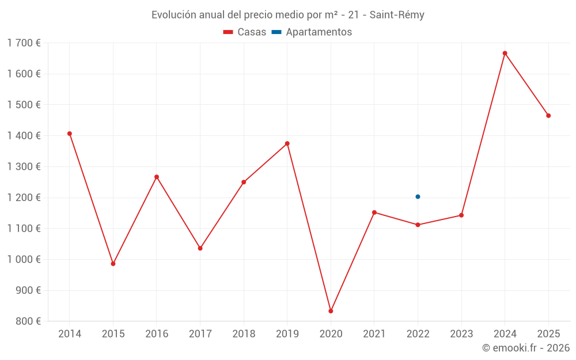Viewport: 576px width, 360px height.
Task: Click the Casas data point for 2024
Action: click(x=505, y=53)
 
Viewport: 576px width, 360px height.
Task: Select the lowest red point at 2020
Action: click(x=331, y=311)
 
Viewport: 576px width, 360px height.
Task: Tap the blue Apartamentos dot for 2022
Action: click(x=418, y=196)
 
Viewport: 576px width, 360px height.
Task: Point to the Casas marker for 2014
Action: click(x=70, y=134)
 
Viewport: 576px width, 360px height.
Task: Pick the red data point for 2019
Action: click(x=287, y=143)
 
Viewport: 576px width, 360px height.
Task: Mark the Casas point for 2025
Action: click(x=548, y=116)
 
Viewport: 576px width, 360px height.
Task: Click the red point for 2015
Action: click(x=113, y=264)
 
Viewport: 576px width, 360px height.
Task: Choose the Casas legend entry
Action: click(x=245, y=32)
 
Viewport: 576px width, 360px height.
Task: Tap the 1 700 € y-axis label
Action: click(x=24, y=43)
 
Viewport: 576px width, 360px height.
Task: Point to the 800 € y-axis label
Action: click(x=28, y=321)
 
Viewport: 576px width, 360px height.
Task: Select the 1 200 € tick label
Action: click(x=24, y=198)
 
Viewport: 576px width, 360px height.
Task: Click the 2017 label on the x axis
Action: click(x=200, y=334)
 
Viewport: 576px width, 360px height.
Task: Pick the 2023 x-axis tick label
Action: click(x=461, y=334)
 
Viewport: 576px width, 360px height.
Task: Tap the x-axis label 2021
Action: click(x=374, y=334)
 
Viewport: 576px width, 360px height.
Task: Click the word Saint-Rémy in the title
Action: click(x=397, y=15)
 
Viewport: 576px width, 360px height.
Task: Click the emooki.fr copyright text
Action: click(x=526, y=348)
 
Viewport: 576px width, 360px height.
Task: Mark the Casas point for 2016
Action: click(x=157, y=177)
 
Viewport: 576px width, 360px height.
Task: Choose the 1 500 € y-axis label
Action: click(x=24, y=105)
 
